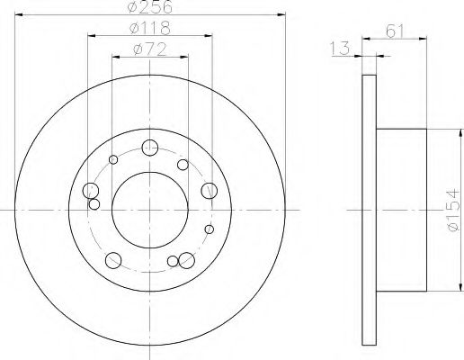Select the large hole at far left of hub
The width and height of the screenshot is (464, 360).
pos(90,190)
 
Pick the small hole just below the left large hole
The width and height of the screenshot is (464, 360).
pos(94,204)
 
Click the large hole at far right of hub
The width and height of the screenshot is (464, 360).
pos(210,190)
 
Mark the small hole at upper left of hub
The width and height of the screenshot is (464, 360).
pos(113,160)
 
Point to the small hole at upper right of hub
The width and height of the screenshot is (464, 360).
pos(183,165)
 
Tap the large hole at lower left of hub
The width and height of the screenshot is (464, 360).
pos(113,260)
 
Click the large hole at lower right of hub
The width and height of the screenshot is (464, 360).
pos(187,260)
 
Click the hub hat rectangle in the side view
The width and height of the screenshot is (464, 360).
pos(403,210)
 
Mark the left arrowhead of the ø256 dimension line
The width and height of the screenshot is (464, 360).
pos(18,14)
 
